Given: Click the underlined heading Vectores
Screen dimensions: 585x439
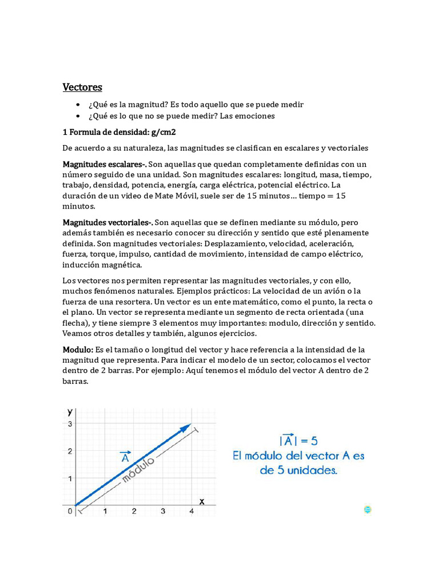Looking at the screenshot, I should (82, 87).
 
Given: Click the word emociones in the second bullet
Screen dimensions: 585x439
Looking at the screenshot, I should (254, 116).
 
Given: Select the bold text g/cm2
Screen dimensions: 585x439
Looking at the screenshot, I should (163, 132).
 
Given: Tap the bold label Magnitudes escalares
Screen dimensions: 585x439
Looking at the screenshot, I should (103, 165).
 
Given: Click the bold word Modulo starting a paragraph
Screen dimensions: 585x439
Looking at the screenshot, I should (77, 350).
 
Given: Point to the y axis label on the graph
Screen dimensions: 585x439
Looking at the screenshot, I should (70, 411).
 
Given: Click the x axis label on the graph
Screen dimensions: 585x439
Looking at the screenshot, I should (202, 501).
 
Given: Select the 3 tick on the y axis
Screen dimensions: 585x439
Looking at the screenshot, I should (70, 423).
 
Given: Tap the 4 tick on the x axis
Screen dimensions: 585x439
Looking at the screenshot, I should (191, 512).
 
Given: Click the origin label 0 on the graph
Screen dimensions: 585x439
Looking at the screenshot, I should (70, 511).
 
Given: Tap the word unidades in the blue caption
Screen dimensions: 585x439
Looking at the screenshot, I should (313, 471).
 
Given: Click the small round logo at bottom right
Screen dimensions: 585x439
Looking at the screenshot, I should (368, 510).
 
